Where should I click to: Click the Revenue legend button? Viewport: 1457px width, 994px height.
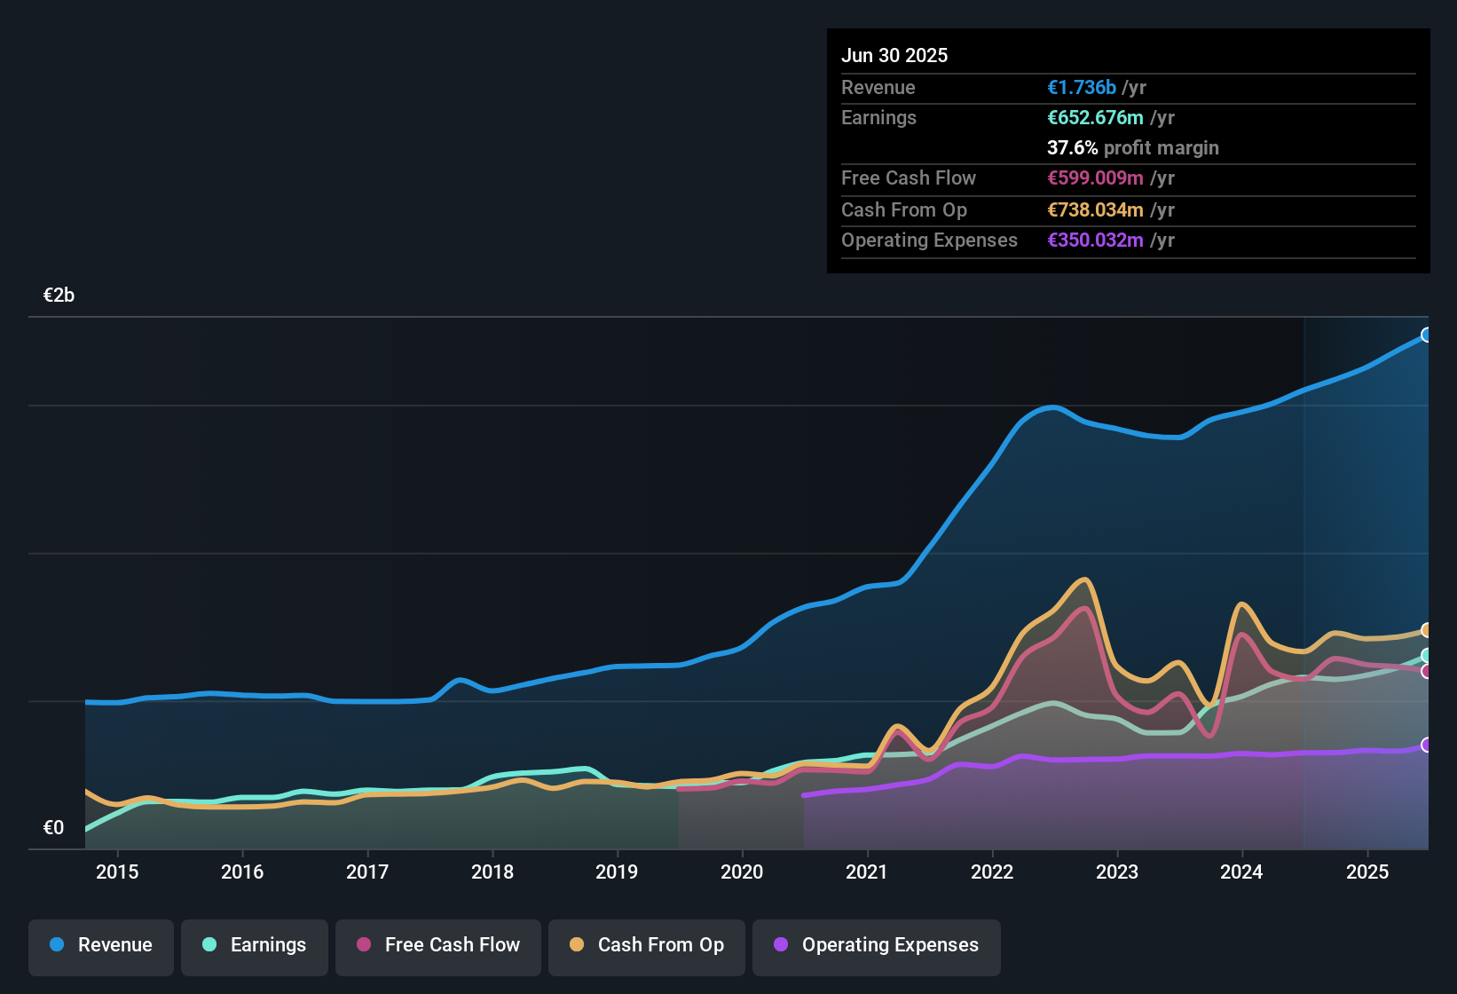point(101,945)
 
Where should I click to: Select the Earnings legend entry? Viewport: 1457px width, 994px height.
point(255,945)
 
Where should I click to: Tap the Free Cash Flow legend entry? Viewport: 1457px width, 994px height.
point(438,945)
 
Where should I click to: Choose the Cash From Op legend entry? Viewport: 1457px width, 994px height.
point(647,945)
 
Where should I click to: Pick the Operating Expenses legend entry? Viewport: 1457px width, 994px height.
point(877,945)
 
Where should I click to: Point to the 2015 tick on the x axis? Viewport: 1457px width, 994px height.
point(117,872)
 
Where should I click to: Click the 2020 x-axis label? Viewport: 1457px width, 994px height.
point(742,872)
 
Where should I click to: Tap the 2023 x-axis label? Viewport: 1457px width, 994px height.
point(1117,872)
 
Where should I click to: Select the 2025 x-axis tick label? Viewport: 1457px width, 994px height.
point(1367,872)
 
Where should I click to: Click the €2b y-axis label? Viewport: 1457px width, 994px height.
point(59,296)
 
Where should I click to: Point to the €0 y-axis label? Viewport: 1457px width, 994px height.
point(53,828)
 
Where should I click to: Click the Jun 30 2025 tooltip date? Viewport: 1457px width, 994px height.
point(894,56)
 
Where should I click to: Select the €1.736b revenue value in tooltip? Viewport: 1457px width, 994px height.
point(1082,88)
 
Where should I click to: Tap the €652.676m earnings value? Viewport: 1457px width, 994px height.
point(1095,118)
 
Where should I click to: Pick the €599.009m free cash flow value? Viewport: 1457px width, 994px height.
point(1095,178)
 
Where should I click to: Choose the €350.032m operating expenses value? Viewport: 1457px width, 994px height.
point(1095,241)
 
